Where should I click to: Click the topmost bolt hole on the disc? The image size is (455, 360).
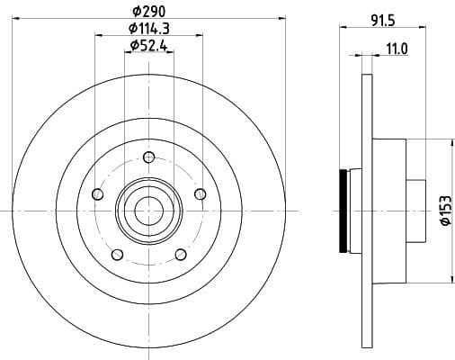coord(147,157)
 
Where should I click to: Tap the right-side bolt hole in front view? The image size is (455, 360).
coord(200,194)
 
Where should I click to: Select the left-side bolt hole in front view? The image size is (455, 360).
coord(96,194)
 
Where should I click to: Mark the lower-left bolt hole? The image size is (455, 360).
coord(116,255)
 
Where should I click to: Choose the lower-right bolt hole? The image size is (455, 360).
coord(180,255)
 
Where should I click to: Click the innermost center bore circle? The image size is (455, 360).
coord(147,210)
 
